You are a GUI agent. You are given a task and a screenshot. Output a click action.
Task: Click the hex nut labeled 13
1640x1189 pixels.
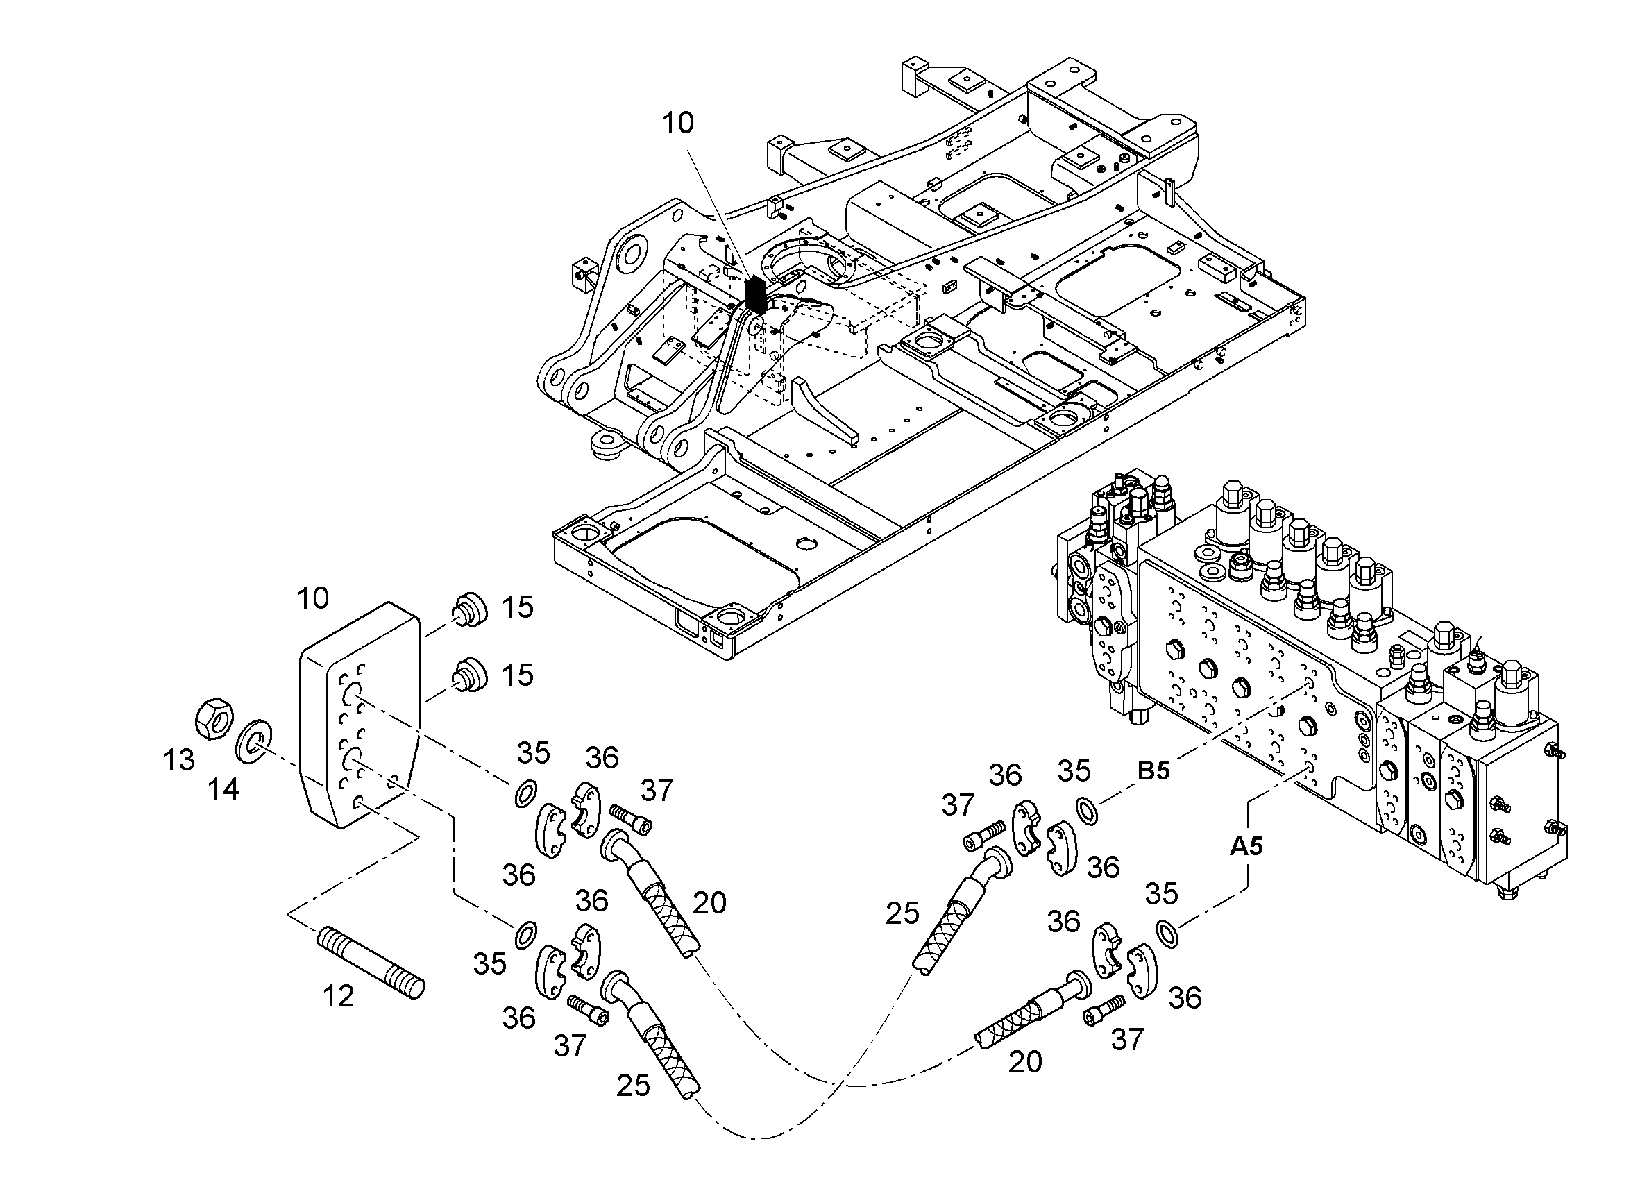214,718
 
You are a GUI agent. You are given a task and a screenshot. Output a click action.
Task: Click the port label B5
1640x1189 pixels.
1153,770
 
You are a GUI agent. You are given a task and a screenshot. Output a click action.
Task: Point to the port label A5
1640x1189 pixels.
1246,845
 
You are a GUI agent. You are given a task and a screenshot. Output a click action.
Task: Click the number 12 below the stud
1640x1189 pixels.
339,997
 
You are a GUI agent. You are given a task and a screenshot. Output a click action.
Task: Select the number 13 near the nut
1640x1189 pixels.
178,759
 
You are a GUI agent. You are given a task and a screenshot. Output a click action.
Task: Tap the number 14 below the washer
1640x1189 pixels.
223,789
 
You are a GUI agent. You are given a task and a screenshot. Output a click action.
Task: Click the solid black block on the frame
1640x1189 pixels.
755,295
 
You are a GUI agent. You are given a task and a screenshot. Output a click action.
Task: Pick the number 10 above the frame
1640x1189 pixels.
678,124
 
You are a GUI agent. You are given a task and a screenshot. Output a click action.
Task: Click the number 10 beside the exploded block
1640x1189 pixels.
312,598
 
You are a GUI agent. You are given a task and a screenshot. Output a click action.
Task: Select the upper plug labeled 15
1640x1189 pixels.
470,609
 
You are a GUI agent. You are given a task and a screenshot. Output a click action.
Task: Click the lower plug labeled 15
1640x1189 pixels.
470,675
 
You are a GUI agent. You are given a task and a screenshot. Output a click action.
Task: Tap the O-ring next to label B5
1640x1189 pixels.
1087,809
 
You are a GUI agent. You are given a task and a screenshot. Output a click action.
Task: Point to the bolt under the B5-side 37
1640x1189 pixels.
984,834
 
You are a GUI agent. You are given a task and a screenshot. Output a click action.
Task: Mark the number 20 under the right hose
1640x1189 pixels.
1024,1062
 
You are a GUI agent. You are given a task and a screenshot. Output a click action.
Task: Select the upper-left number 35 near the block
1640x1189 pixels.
534,753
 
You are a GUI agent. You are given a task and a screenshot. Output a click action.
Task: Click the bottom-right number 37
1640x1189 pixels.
1127,1039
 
